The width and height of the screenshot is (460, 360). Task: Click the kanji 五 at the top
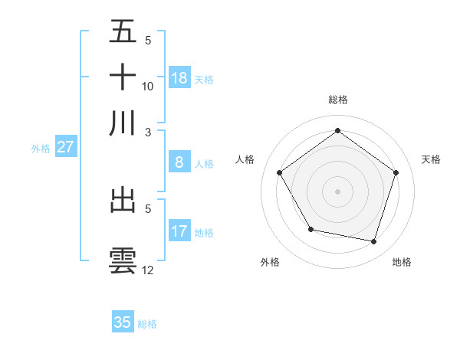[x=123, y=32]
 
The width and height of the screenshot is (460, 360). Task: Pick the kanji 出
[x=123, y=200]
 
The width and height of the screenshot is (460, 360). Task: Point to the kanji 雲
[x=123, y=260]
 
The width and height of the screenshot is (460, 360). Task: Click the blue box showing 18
[x=179, y=78]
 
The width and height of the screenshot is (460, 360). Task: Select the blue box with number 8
[x=179, y=162]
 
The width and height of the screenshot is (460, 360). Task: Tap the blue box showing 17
[x=179, y=231]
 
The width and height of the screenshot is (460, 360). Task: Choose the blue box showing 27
[x=65, y=147]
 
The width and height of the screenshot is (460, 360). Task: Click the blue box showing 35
[x=123, y=322]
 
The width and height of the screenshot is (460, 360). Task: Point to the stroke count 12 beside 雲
[x=148, y=270]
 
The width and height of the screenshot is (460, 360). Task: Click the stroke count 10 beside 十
[x=148, y=86]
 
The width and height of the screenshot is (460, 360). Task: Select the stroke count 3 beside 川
[x=148, y=132]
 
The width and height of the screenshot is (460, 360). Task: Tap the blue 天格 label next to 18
[x=203, y=79]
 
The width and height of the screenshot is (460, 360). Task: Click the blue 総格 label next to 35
[x=147, y=324]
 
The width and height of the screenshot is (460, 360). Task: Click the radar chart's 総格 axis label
[x=337, y=100]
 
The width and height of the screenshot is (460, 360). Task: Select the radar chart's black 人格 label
[x=245, y=159]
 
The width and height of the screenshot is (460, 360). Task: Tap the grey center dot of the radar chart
[x=337, y=191]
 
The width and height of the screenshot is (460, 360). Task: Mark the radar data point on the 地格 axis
[x=373, y=241]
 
